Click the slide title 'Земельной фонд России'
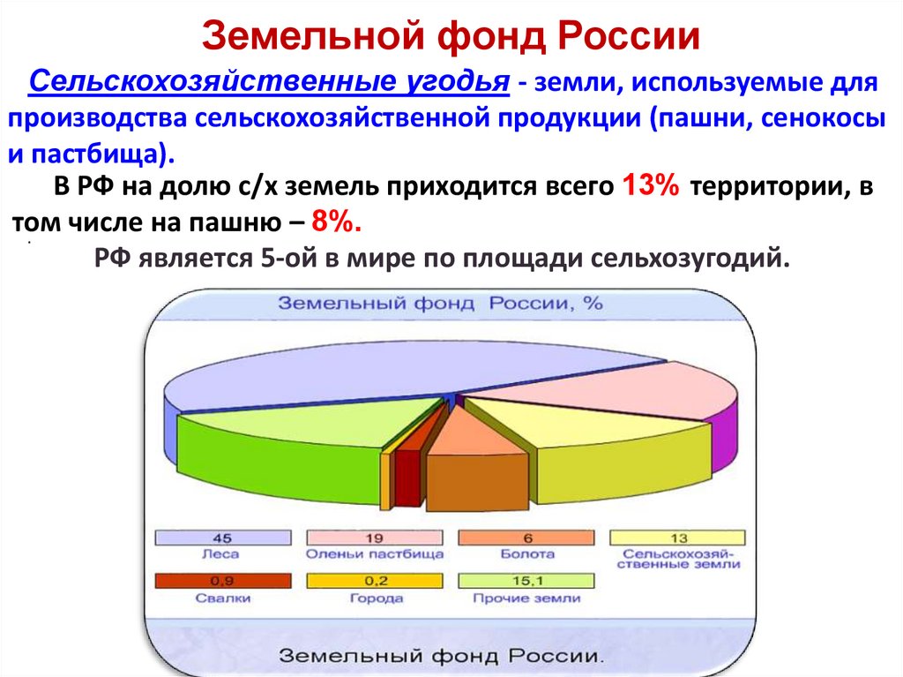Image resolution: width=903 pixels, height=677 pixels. coord(451,36)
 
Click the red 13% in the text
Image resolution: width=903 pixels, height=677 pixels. coord(651,186)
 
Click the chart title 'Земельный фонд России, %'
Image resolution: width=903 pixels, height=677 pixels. coord(441,303)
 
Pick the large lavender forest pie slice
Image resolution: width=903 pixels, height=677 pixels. coord(397,362)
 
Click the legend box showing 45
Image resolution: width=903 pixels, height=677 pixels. coord(223,538)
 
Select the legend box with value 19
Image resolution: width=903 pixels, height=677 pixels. coord(375,538)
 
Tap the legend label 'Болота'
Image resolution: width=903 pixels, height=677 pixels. coord(526,554)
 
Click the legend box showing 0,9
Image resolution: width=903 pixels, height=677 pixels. coord(223,581)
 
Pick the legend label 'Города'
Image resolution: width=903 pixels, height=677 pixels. coord(374,598)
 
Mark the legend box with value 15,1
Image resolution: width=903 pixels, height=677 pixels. coord(526,581)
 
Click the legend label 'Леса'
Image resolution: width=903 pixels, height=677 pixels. coord(222,554)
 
